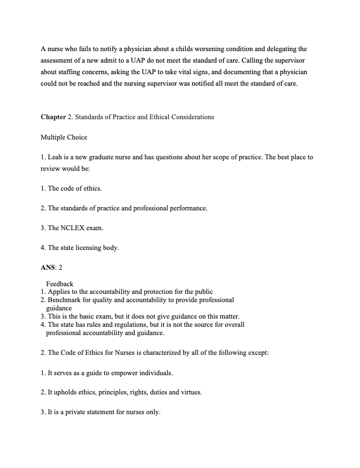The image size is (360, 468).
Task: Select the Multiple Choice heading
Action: tap(64, 137)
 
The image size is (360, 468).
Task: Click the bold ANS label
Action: tap(48, 268)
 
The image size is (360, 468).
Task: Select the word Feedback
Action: tap(59, 284)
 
